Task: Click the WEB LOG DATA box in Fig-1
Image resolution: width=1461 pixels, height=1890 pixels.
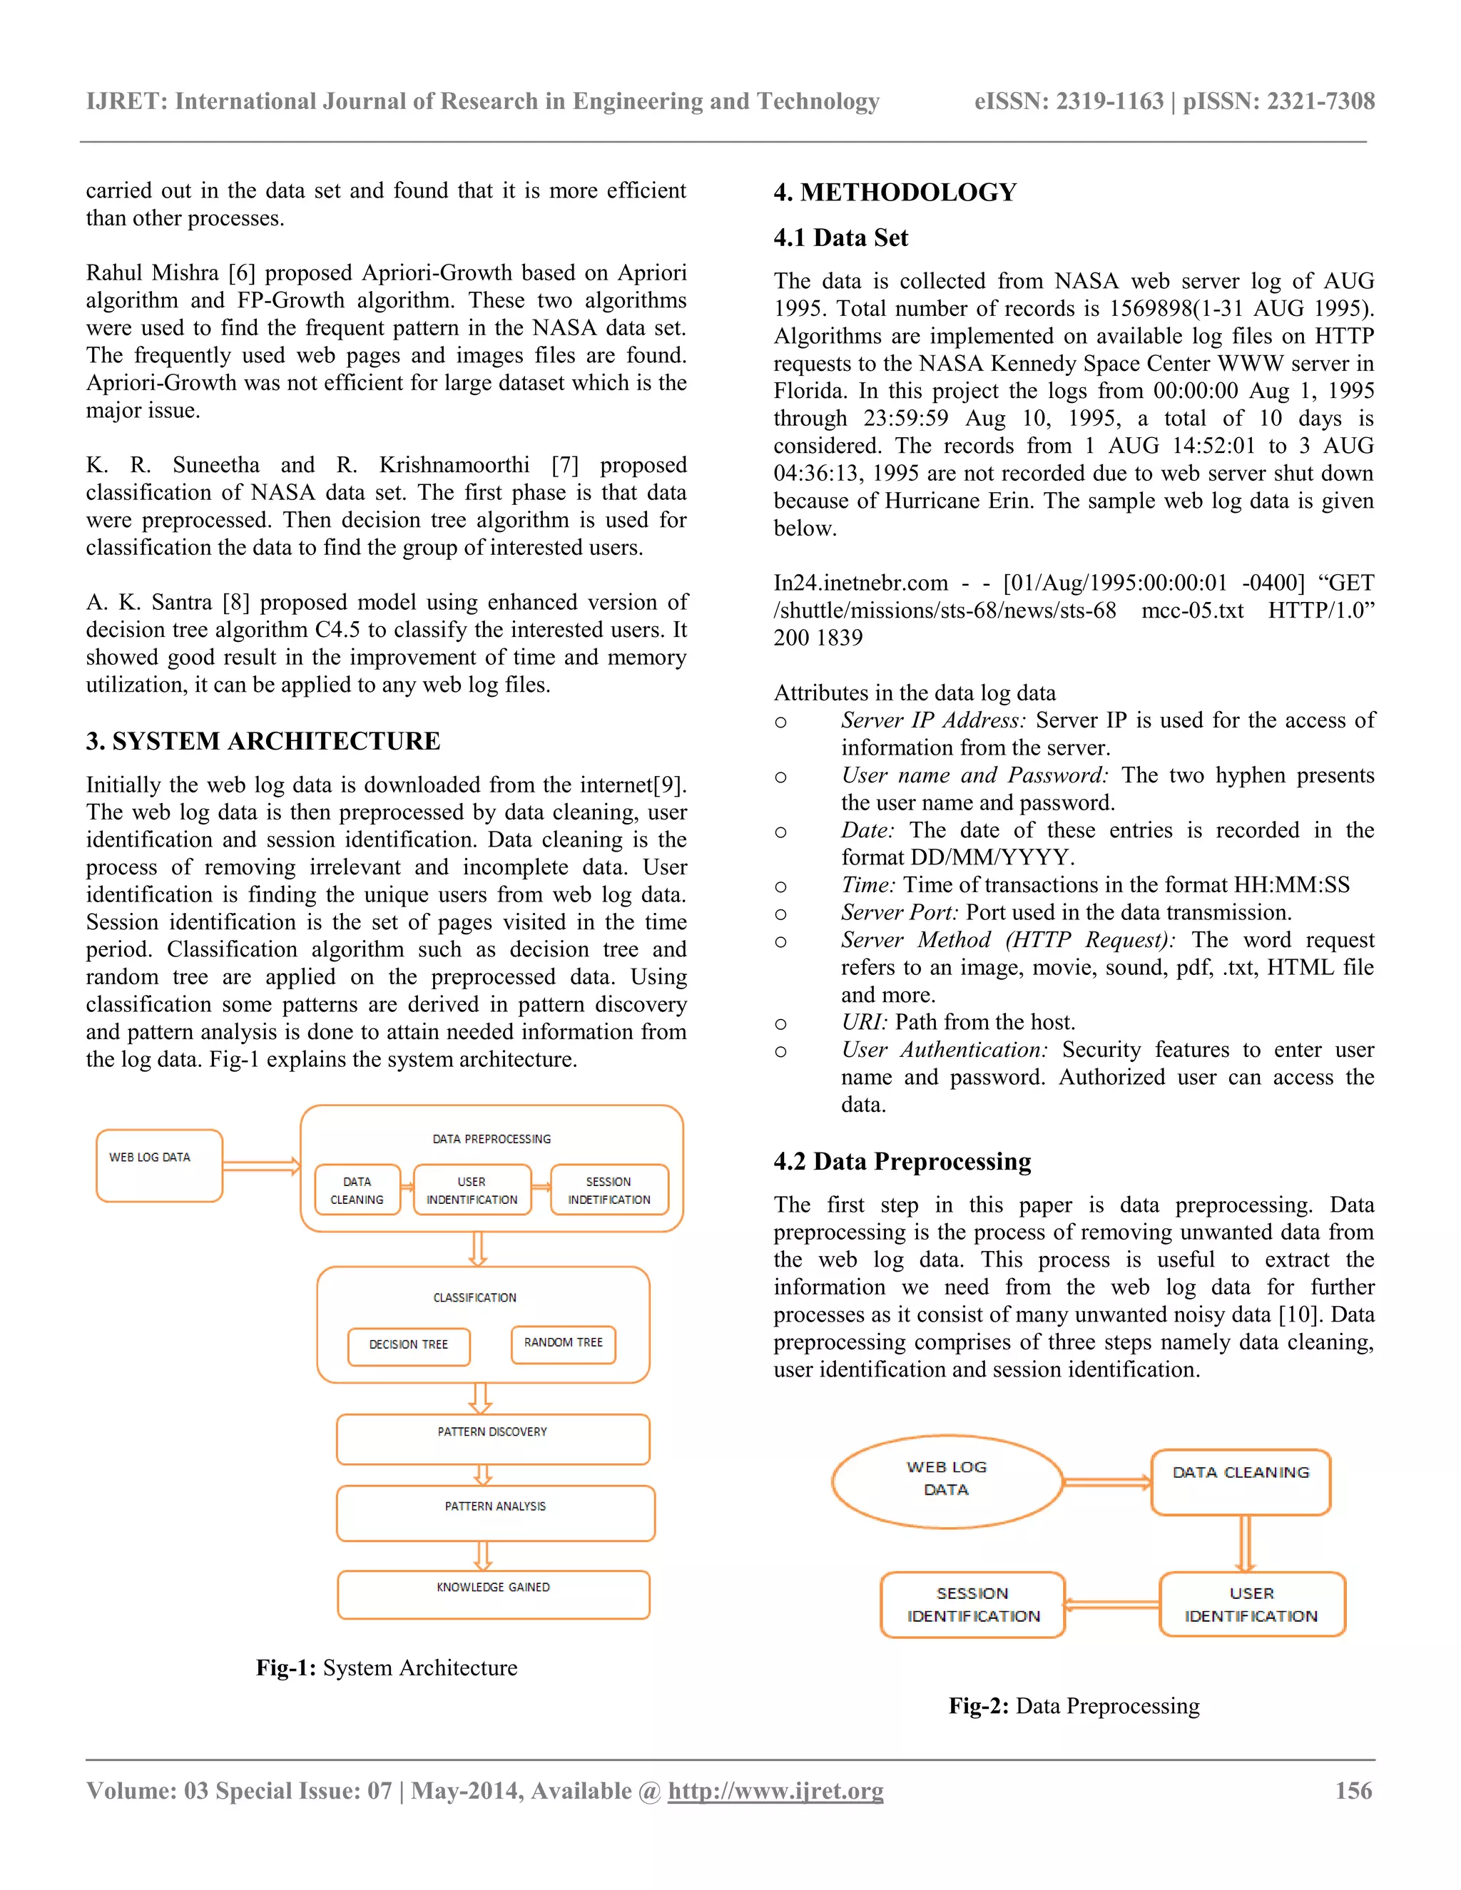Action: coord(159,1165)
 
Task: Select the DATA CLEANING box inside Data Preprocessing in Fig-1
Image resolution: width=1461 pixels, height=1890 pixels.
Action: coord(357,1190)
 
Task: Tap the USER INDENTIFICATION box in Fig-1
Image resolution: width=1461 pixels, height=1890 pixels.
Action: coord(472,1190)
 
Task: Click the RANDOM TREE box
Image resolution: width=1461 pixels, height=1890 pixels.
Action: coord(564,1343)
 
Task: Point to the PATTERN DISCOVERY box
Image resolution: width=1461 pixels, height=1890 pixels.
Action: coord(492,1439)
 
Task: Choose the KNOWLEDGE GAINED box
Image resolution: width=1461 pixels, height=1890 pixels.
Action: coord(494,1594)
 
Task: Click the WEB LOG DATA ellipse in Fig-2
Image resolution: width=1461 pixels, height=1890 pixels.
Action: coord(947,1481)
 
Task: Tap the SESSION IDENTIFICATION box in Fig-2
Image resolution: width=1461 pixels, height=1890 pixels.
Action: coord(973,1605)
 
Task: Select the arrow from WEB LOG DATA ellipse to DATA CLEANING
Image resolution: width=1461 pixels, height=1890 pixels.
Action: coord(1107,1483)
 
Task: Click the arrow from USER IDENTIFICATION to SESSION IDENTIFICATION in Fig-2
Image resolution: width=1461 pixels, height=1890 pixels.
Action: coord(1112,1605)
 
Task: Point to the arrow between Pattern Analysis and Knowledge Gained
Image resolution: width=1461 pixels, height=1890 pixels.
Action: coord(483,1555)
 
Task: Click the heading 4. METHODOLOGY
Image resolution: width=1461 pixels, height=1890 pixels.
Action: coord(895,192)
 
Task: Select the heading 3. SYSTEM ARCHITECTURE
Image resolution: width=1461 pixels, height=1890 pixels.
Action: coord(263,741)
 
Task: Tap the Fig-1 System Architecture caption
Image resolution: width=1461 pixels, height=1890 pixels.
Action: coord(386,1667)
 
